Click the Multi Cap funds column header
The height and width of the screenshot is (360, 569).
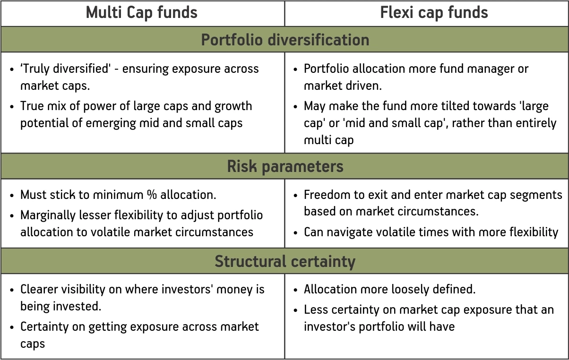click(x=142, y=13)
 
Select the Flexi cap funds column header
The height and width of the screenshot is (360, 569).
click(x=434, y=13)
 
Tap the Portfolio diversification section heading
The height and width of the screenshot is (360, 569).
click(x=285, y=40)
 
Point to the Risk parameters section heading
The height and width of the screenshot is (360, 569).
click(x=285, y=166)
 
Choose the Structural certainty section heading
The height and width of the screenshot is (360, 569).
click(x=285, y=261)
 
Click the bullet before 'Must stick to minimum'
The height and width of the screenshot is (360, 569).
click(x=12, y=195)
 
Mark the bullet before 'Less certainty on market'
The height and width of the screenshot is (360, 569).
click(x=295, y=310)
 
